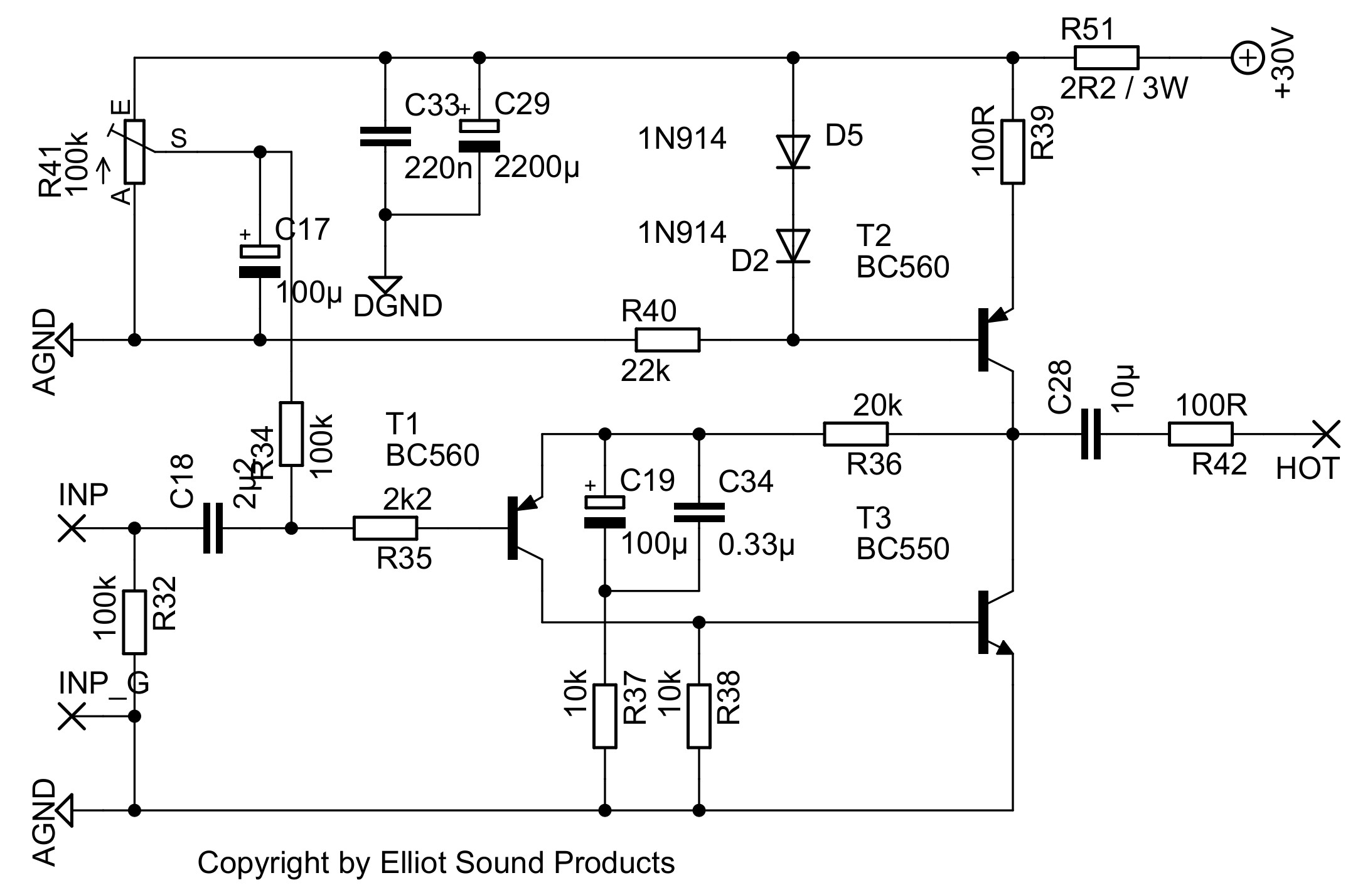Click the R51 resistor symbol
tap(1106, 58)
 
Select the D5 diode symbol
tap(793, 151)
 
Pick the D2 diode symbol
tap(793, 245)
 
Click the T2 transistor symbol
tap(995, 340)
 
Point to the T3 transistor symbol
tap(995, 622)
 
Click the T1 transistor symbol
tap(524, 528)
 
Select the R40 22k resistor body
tap(667, 340)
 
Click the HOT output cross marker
tap(1325, 434)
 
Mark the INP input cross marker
tap(72, 528)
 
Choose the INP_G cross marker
tap(72, 716)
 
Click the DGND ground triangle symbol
tap(385, 284)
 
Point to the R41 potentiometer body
tap(134, 151)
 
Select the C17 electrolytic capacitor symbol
tap(260, 261)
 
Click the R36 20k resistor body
tap(855, 434)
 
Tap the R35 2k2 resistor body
tap(385, 528)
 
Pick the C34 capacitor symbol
tap(699, 512)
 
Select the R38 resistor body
tap(699, 716)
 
